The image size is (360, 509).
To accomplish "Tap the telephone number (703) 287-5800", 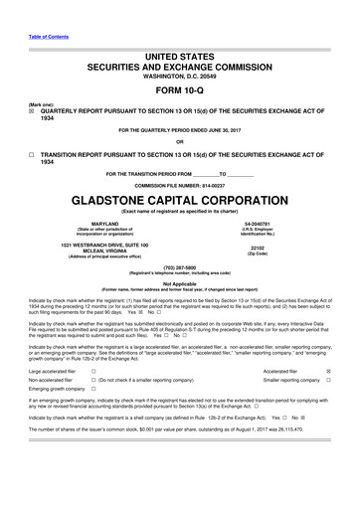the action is pyautogui.click(x=179, y=267).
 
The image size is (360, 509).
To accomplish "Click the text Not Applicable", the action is pyautogui.click(x=179, y=283).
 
